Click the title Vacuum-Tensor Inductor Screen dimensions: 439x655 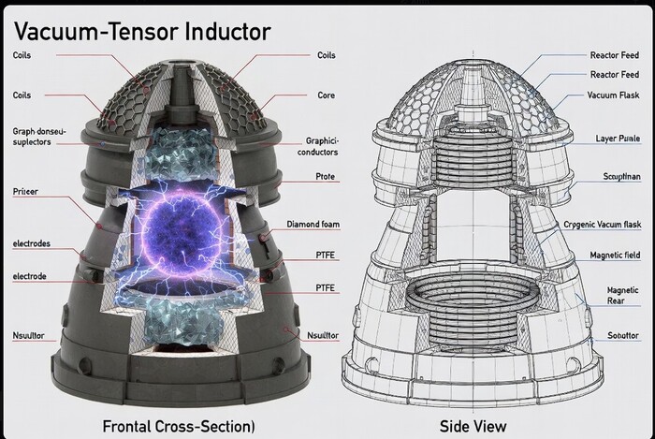click(x=141, y=29)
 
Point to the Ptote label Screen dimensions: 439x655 click(x=324, y=176)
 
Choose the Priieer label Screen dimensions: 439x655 click(x=25, y=190)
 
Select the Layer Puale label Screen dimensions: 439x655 click(x=617, y=139)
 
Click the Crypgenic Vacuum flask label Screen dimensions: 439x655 click(x=601, y=225)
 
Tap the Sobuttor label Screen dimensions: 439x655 click(x=620, y=334)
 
